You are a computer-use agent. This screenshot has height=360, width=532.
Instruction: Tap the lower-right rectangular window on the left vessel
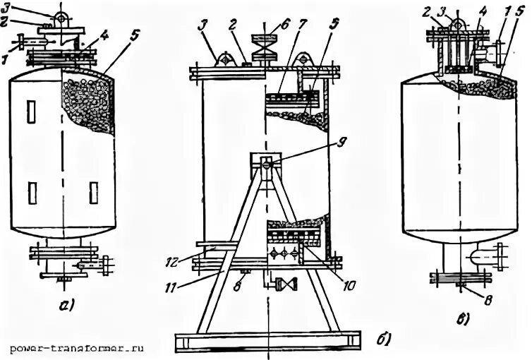coord(93,192)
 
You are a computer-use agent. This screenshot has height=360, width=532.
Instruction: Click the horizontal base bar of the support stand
coord(268,342)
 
